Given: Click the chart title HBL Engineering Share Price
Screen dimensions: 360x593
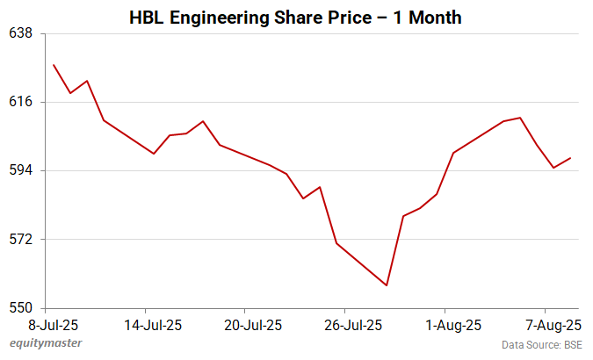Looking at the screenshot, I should coord(295,18).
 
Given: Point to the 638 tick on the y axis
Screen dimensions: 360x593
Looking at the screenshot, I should coord(20,33).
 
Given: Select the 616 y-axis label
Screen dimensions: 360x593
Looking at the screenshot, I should coord(20,102).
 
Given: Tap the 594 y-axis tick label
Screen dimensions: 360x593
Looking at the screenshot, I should coord(20,170).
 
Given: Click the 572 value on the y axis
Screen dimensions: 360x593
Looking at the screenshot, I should coord(20,239).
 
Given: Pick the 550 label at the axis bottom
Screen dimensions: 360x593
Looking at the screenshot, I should coord(20,308).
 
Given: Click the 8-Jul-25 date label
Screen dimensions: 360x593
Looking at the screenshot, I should coord(44,325).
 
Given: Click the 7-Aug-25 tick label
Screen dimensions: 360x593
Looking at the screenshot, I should coord(546,325).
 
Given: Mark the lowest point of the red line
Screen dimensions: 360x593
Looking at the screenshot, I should coord(387,285).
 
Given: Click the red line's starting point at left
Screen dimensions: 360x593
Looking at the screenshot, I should coord(54,64).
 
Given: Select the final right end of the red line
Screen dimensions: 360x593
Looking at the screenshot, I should coord(571,158).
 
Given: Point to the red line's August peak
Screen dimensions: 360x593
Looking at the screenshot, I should coord(521,118).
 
